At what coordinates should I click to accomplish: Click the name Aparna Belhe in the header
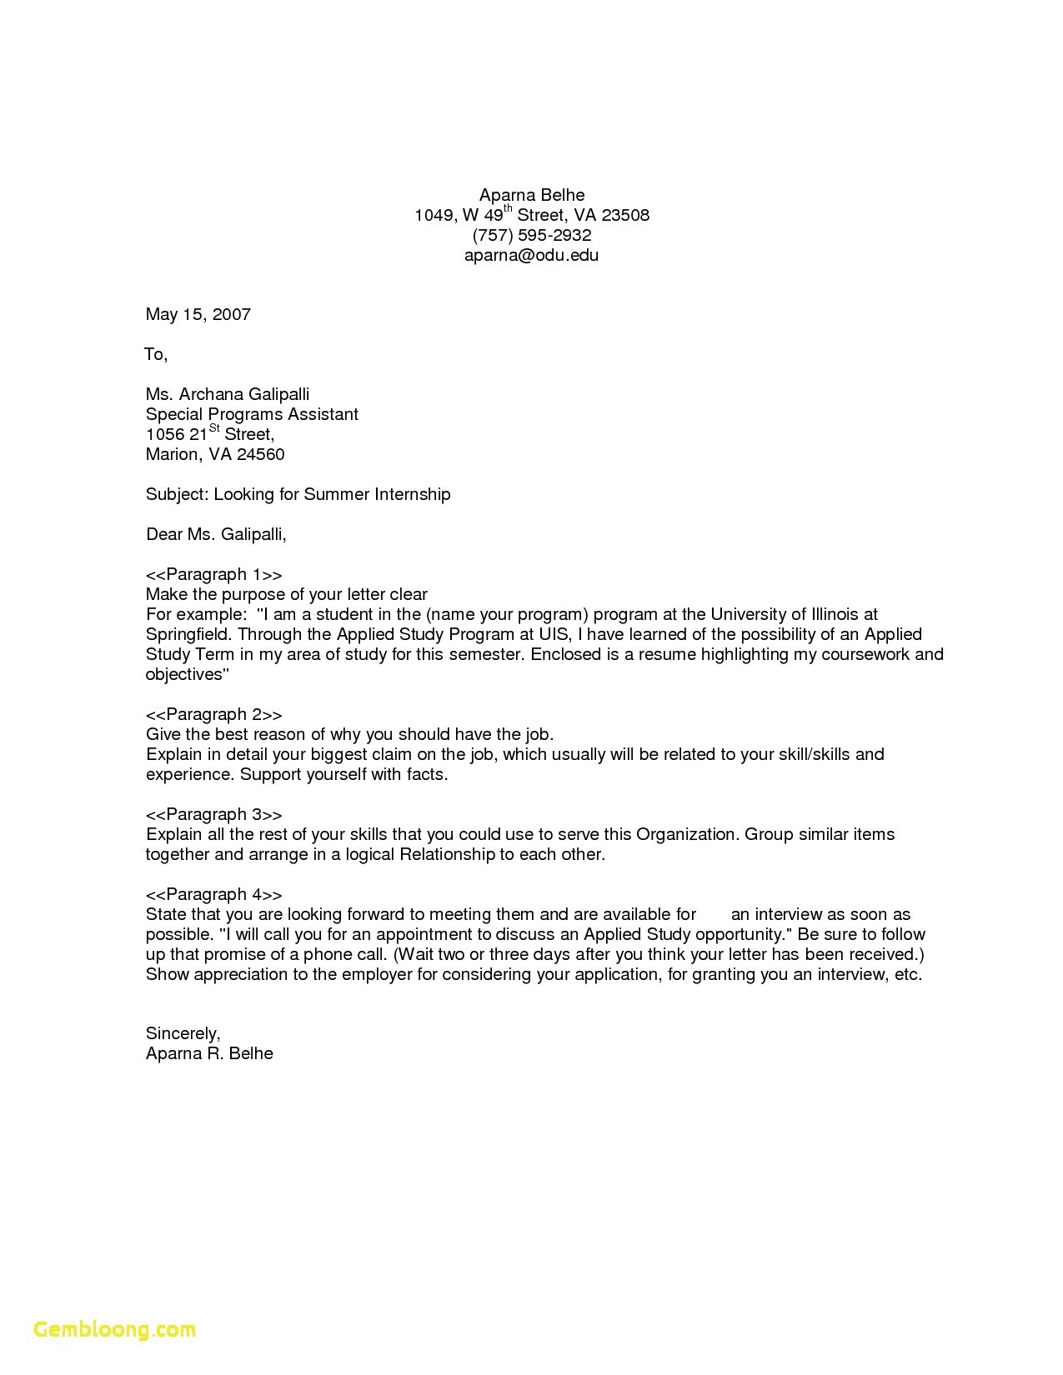point(531,196)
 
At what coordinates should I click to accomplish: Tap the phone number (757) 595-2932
point(531,235)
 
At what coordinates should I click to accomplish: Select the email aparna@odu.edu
point(531,255)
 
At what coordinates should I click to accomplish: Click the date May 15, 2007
point(198,314)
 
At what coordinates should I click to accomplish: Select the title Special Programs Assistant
point(252,414)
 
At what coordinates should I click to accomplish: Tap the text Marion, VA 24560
point(215,454)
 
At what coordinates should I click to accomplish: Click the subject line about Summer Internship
point(298,494)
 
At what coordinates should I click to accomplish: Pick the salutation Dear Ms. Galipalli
point(215,534)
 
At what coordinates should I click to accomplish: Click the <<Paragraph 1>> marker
point(213,574)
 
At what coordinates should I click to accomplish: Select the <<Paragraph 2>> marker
point(213,714)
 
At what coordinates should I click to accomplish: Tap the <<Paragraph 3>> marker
point(213,814)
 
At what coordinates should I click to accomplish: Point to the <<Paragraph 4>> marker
point(213,894)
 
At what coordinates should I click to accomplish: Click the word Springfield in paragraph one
point(188,634)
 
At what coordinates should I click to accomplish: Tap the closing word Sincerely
point(183,1033)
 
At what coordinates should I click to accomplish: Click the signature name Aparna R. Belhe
point(209,1053)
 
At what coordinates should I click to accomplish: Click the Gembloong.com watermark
point(114,1329)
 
